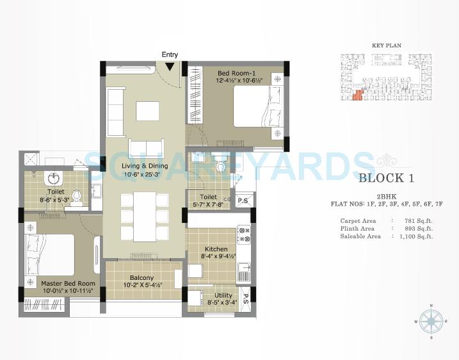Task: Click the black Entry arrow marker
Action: [x=170, y=66]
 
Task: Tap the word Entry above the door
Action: [x=170, y=55]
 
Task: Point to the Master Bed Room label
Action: [x=68, y=283]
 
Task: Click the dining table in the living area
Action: [x=145, y=216]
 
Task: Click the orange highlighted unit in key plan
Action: [x=357, y=95]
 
